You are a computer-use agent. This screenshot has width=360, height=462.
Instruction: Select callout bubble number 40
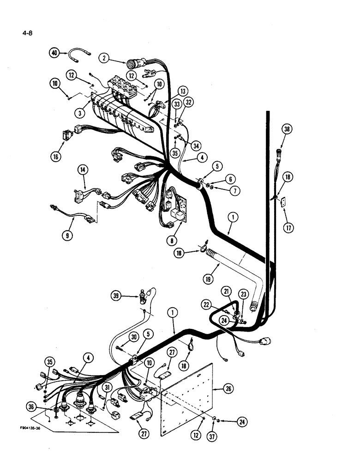click(55, 53)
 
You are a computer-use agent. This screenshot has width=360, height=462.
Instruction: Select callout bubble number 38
click(288, 130)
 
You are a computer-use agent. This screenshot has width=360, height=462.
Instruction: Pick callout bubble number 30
click(134, 337)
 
